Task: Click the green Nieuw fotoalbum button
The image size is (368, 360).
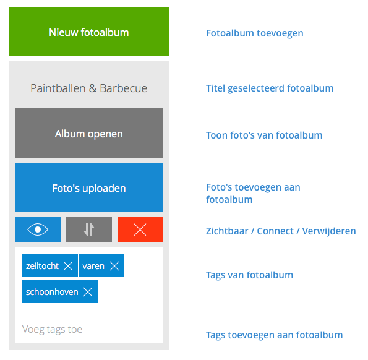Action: coord(89,32)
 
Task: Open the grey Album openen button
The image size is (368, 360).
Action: coord(89,133)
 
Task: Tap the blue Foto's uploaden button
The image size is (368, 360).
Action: coord(89,187)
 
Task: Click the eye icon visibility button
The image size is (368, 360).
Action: coord(38,229)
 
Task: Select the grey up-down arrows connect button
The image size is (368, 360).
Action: coord(89,229)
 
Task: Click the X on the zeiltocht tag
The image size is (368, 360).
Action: coord(68,266)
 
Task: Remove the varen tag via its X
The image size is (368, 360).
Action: coord(114,266)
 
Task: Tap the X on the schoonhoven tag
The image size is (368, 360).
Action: coord(88,292)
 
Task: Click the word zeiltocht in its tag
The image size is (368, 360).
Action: coord(42,266)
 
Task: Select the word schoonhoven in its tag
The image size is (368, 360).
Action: coord(52,292)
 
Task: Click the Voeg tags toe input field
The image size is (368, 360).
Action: coord(89,329)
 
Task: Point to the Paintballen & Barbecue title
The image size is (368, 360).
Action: coord(89,88)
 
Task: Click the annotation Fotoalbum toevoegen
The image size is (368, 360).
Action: coord(255,33)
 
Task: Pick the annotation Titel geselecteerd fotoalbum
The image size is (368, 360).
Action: coord(270,88)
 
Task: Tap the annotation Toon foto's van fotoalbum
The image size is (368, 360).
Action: coord(264,135)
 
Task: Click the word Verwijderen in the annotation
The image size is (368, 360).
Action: coord(329,231)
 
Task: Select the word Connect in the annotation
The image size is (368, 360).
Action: coord(275,231)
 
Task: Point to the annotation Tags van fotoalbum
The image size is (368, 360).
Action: coord(249,275)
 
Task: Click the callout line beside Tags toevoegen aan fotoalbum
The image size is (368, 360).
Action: coord(187,335)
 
